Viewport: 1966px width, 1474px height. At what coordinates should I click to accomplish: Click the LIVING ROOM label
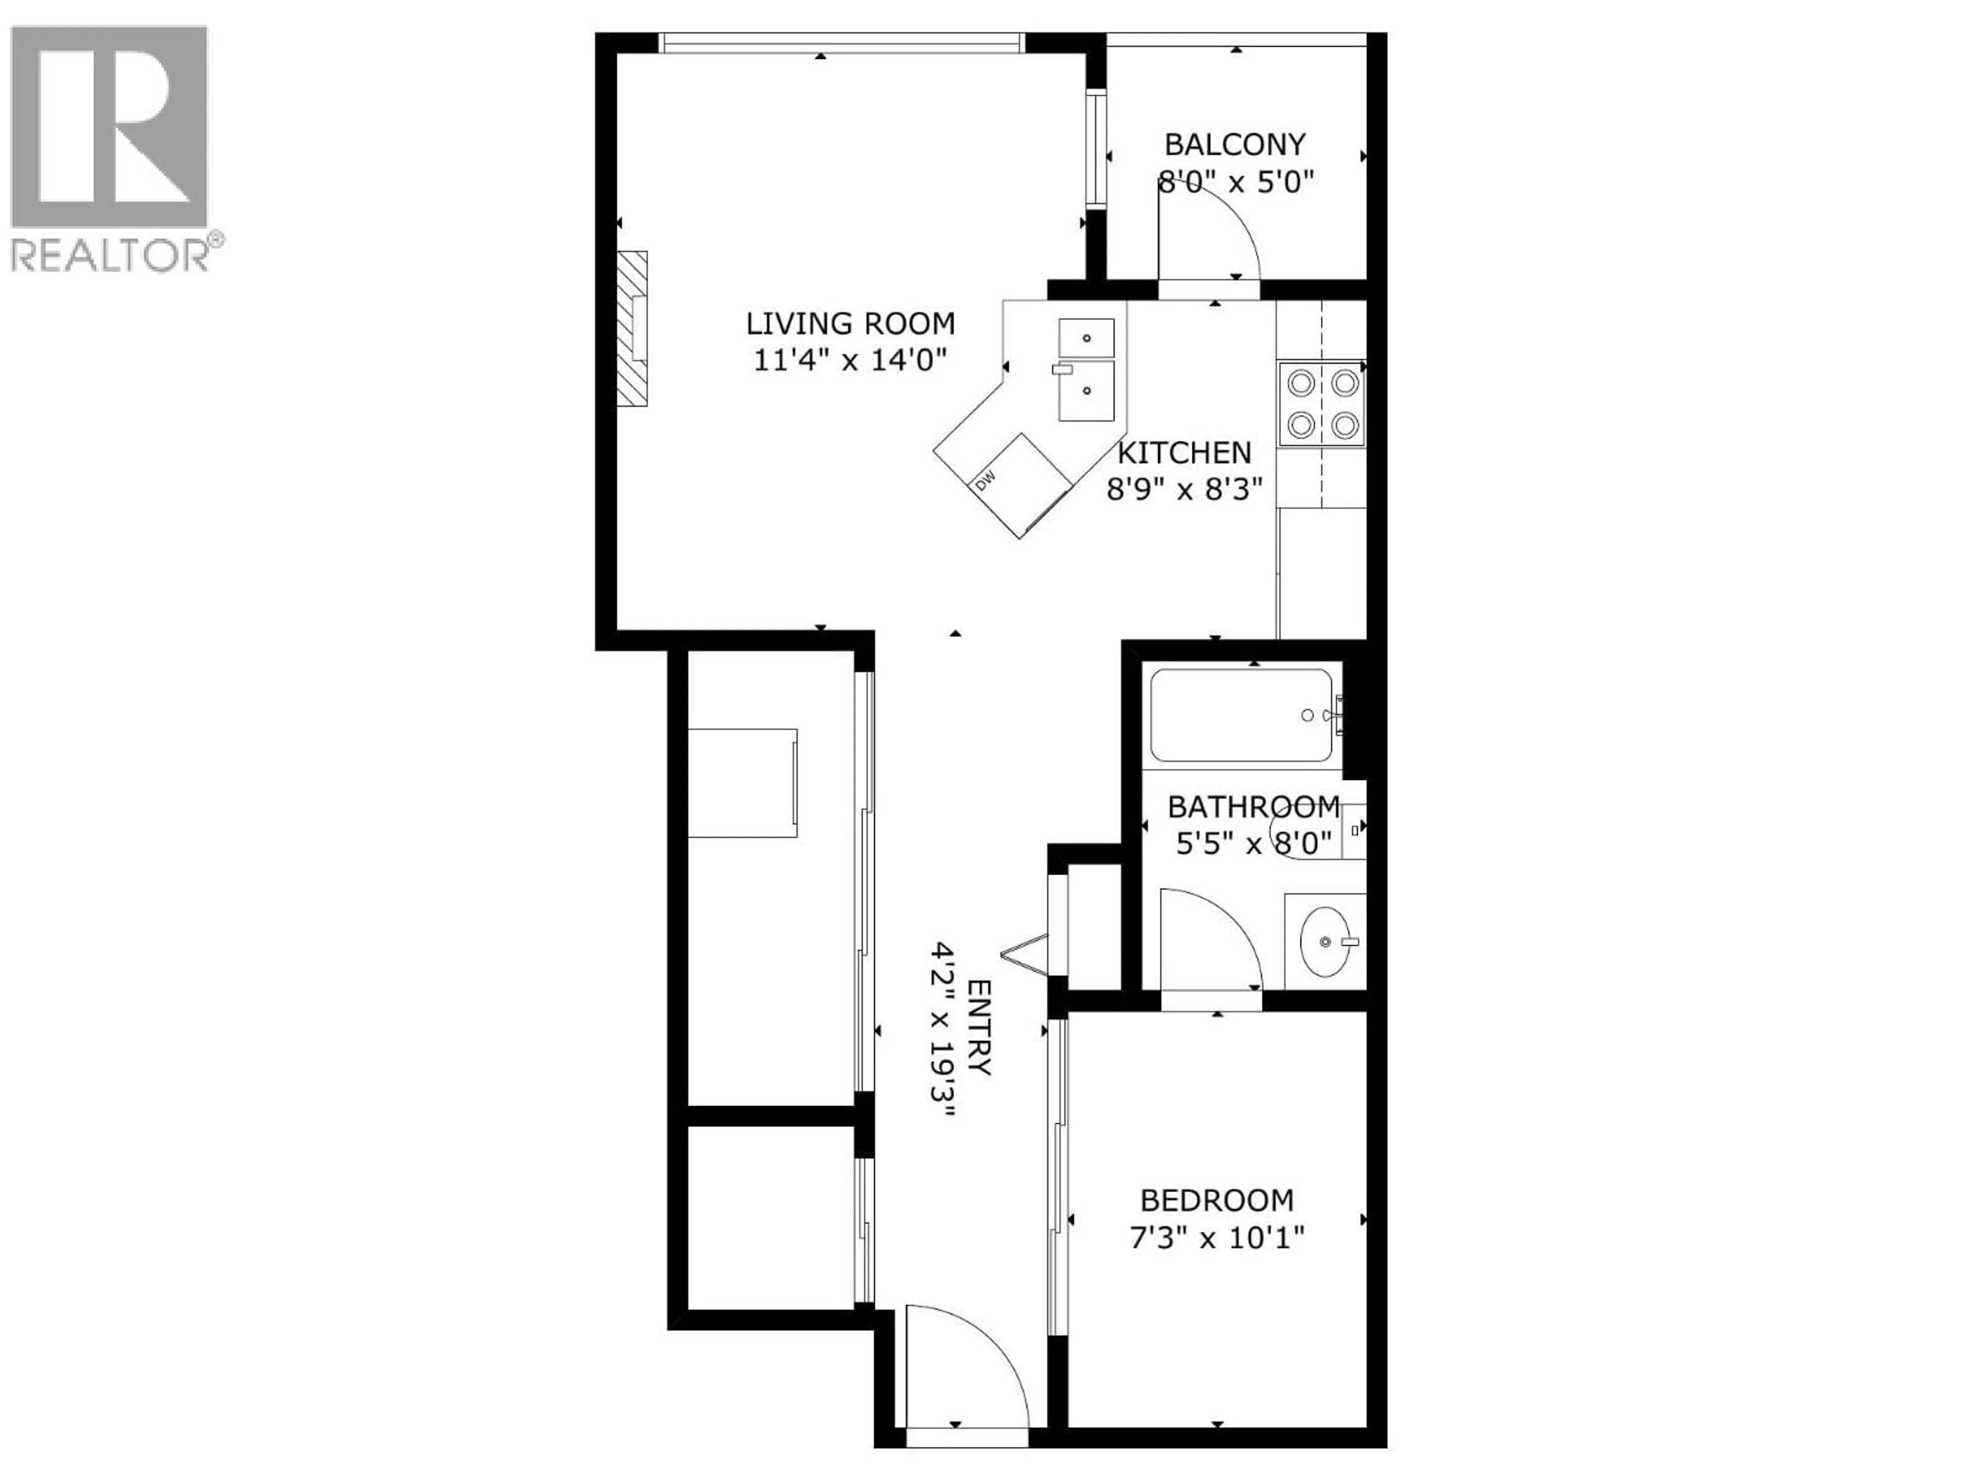(850, 323)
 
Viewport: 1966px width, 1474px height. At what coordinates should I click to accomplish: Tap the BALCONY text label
(1234, 144)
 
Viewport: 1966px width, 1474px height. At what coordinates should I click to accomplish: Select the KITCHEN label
(1184, 453)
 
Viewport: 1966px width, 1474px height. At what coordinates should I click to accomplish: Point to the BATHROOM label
(1253, 807)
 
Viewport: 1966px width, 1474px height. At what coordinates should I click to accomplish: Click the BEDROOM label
(1217, 1200)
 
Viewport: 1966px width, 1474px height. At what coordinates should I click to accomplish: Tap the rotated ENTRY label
(978, 1028)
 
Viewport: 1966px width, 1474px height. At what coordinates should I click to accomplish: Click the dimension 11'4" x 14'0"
(850, 361)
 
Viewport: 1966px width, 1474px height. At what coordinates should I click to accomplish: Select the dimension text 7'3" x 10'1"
(1217, 1238)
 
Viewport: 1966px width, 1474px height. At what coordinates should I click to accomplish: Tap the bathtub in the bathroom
(1241, 715)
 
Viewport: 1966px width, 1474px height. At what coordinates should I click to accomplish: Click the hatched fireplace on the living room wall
(634, 329)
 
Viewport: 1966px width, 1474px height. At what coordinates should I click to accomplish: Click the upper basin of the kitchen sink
(1085, 338)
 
